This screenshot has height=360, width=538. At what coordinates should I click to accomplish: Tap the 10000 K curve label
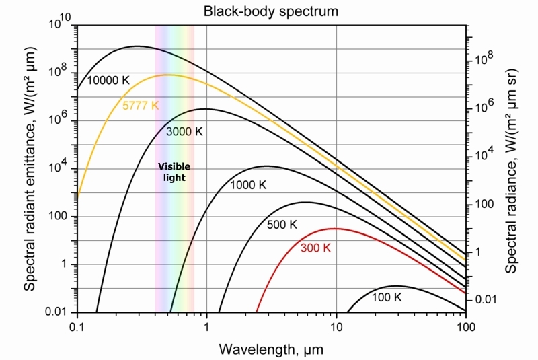pyautogui.click(x=108, y=80)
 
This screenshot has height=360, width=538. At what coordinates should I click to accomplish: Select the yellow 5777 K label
pyautogui.click(x=141, y=106)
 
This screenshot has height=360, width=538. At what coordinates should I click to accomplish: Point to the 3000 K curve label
pyautogui.click(x=184, y=131)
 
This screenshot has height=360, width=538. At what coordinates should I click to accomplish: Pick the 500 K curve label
pyautogui.click(x=282, y=224)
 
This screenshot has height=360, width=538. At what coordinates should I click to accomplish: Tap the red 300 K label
pyautogui.click(x=315, y=248)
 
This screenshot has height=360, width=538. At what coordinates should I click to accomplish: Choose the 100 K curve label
pyautogui.click(x=386, y=297)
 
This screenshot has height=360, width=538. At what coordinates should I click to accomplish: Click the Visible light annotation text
pyautogui.click(x=174, y=172)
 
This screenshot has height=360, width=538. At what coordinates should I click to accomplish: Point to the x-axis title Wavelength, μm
pyautogui.click(x=272, y=349)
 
